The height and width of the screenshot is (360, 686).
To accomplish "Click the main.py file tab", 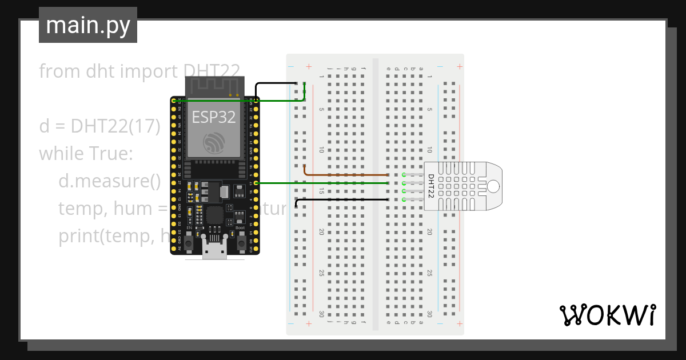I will point(87,25).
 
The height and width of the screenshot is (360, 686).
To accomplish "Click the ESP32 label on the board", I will point(213,117).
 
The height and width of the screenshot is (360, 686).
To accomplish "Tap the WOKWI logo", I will point(607,315).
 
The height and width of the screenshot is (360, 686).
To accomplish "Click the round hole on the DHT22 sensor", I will point(492,186).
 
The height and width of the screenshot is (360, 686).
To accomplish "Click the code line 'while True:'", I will point(86,154).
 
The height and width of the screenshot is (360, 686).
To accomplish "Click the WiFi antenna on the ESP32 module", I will point(213,87).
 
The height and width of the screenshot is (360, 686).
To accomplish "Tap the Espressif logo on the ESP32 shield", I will point(213,143).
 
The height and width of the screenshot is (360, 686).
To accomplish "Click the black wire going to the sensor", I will point(343,199).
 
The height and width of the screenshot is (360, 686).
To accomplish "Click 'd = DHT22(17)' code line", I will point(99,126).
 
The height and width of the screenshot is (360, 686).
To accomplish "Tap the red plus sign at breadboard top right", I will point(460,67).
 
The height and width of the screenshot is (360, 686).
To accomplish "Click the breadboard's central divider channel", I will point(375,194).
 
